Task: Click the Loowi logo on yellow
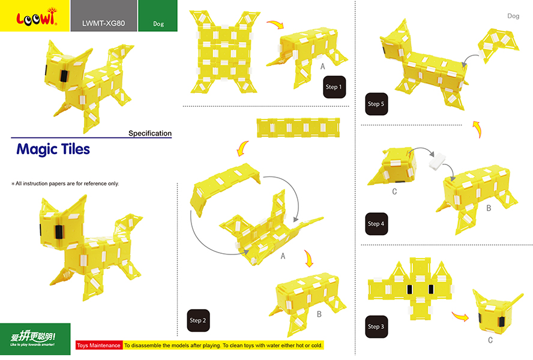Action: [37, 17]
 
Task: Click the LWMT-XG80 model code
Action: [104, 23]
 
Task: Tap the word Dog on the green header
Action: [158, 24]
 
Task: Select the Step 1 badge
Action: [334, 87]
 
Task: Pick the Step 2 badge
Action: [198, 320]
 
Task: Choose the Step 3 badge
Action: [376, 326]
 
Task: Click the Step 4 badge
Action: [376, 224]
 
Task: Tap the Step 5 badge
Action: [376, 104]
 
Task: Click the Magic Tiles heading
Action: [53, 149]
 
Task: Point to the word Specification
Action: [150, 133]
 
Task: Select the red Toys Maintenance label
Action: [98, 346]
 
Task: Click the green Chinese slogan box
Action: [35, 339]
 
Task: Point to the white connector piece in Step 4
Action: [437, 161]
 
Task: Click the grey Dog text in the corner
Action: [513, 16]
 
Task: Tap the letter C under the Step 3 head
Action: [490, 340]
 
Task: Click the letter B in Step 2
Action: [319, 314]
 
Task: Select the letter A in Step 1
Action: [322, 67]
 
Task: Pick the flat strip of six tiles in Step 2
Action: [298, 127]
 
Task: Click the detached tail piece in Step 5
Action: [498, 44]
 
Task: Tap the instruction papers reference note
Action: [65, 184]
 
